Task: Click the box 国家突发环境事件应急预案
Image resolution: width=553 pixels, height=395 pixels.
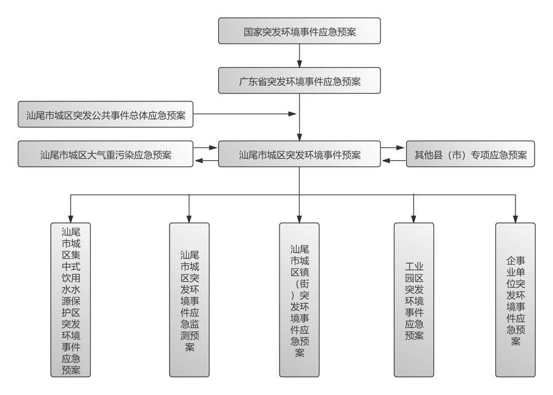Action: (x=299, y=31)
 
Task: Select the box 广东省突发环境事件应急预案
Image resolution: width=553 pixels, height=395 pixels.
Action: (x=299, y=80)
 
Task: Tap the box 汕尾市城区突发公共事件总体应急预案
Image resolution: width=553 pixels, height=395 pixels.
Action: (x=106, y=114)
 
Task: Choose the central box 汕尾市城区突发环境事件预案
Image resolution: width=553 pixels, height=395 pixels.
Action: (x=299, y=155)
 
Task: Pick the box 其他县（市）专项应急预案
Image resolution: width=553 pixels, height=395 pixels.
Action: (x=470, y=155)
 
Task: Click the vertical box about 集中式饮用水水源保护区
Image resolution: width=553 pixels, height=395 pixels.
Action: (x=71, y=300)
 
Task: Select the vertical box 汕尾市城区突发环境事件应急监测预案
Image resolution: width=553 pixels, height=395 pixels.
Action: (x=189, y=300)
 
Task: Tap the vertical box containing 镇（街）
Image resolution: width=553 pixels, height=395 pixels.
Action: (x=299, y=300)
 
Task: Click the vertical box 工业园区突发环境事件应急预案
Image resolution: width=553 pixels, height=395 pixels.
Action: (x=414, y=300)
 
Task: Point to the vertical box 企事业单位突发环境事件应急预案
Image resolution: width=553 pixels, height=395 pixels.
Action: (x=515, y=300)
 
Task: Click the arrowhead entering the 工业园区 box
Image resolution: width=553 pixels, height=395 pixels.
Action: (x=414, y=218)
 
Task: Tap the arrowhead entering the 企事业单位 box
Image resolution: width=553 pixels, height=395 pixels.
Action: (x=515, y=218)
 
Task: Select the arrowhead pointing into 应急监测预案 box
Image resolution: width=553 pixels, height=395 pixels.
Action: (x=189, y=218)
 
